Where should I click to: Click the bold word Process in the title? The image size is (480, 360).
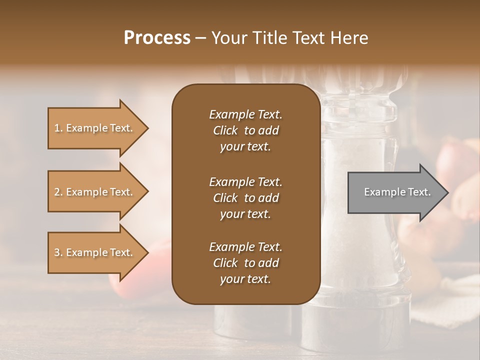click(x=157, y=38)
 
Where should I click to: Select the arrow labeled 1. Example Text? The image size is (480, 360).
click(x=95, y=128)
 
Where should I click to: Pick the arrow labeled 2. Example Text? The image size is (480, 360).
click(x=95, y=192)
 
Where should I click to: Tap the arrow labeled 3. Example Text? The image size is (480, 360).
click(x=95, y=252)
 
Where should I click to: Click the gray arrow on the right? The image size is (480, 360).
click(x=395, y=192)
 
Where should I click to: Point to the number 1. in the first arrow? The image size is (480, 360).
click(x=58, y=128)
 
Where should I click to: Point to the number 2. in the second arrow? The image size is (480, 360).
click(x=58, y=192)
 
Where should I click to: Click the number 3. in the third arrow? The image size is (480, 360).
click(x=58, y=252)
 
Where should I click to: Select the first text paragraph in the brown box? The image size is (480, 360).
click(x=245, y=130)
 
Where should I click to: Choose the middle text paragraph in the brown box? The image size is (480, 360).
click(x=245, y=198)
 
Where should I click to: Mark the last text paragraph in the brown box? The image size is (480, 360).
click(x=245, y=263)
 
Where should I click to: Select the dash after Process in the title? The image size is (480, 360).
click(x=200, y=38)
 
